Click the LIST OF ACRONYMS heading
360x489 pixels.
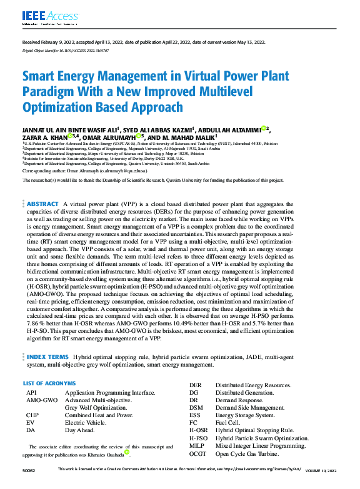(x=49, y=383)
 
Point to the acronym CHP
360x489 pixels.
(x=32, y=415)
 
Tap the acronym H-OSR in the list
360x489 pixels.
(x=199, y=431)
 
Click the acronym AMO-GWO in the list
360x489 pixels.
(x=42, y=400)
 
